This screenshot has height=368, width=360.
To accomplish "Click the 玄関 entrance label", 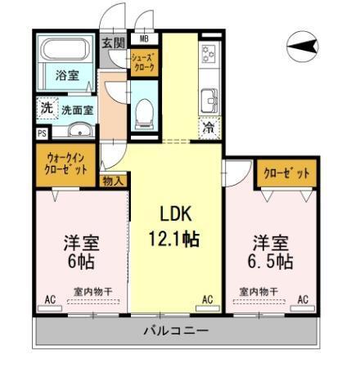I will [x=113, y=43].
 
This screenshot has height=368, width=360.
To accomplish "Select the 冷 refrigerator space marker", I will [x=209, y=128].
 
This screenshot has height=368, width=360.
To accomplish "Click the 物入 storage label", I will [x=113, y=182].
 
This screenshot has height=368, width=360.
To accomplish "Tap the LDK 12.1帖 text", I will [x=176, y=227].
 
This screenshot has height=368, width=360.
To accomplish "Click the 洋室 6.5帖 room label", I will [x=270, y=253].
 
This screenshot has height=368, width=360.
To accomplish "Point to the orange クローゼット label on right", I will [x=286, y=173].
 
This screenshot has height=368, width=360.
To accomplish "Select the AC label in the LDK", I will [x=207, y=300].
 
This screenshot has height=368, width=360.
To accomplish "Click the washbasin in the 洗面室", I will [x=79, y=132].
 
